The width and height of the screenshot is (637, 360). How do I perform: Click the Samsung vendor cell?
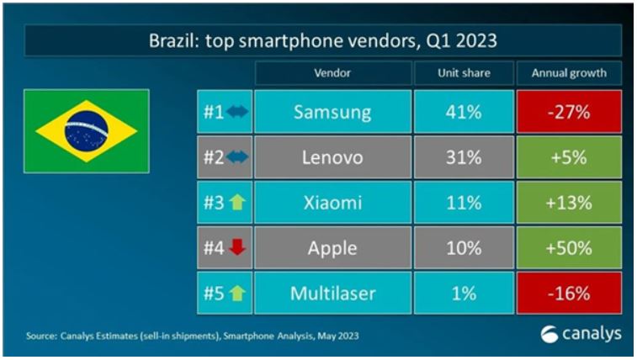pyautogui.click(x=332, y=112)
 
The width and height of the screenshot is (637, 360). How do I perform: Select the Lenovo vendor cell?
pyautogui.click(x=332, y=157)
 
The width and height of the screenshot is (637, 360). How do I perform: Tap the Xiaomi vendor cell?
pyautogui.click(x=332, y=203)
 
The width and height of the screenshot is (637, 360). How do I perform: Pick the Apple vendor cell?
pyautogui.click(x=332, y=248)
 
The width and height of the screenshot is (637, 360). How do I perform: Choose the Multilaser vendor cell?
pyautogui.click(x=332, y=294)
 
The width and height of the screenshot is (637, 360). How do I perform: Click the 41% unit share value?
pyautogui.click(x=463, y=112)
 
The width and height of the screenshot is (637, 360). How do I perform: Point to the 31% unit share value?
pyautogui.click(x=463, y=157)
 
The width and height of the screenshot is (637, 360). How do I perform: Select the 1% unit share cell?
pyautogui.click(x=463, y=294)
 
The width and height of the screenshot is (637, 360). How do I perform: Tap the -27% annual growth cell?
pyautogui.click(x=569, y=112)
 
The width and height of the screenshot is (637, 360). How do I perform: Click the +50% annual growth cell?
pyautogui.click(x=569, y=248)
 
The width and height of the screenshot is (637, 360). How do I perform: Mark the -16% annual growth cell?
pyautogui.click(x=569, y=294)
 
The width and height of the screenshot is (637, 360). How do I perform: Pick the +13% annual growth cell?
pyautogui.click(x=569, y=203)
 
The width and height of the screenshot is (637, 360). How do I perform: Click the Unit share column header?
pyautogui.click(x=463, y=72)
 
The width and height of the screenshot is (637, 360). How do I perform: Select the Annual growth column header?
pyautogui.click(x=569, y=72)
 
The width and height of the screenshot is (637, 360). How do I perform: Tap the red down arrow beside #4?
pyautogui.click(x=236, y=248)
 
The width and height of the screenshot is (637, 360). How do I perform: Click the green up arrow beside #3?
pyautogui.click(x=236, y=203)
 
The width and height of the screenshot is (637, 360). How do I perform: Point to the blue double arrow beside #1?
pyautogui.click(x=236, y=112)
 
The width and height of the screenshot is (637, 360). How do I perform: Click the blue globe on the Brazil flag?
pyautogui.click(x=86, y=131)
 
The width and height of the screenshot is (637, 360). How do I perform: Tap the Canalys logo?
pyautogui.click(x=581, y=334)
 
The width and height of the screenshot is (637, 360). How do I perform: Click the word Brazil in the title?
pyautogui.click(x=173, y=40)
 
